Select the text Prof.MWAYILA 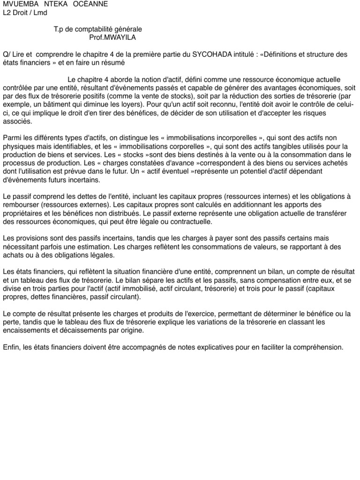[112, 37]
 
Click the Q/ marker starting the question [6, 54]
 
